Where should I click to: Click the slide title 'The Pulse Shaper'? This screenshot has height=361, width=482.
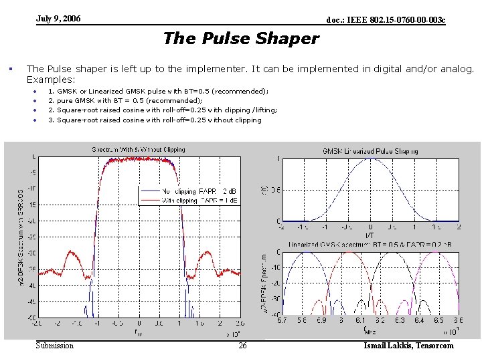click(x=241, y=39)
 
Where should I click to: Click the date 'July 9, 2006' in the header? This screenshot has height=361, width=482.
click(x=58, y=19)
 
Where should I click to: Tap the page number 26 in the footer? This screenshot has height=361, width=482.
click(x=242, y=346)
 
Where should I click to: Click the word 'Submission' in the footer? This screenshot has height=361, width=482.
click(x=55, y=346)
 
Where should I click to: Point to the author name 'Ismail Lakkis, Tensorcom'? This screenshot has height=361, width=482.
click(x=408, y=346)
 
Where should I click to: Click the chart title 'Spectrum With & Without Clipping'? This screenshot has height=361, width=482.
click(x=139, y=150)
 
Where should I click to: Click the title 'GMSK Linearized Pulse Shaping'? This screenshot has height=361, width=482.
click(x=370, y=151)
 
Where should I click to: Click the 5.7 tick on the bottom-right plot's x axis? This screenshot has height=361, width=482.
click(x=282, y=320)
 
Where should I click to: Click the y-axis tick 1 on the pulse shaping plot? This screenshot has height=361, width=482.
click(x=278, y=158)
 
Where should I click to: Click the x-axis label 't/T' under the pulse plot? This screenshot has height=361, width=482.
click(x=370, y=235)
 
